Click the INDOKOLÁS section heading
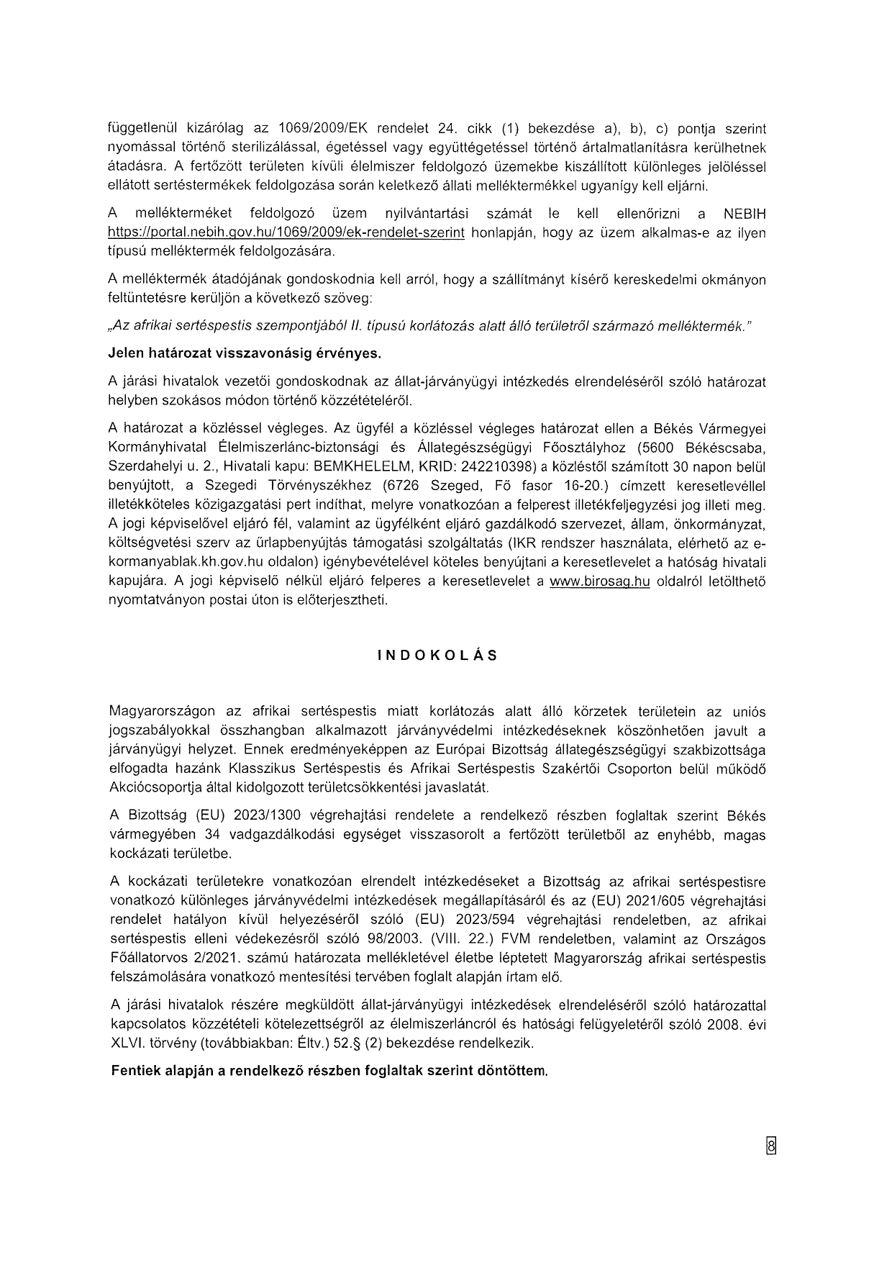pyautogui.click(x=437, y=656)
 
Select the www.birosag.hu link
pyautogui.click(x=599, y=581)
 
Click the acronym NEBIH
pyautogui.click(x=745, y=214)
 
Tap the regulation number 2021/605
pyautogui.click(x=654, y=901)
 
